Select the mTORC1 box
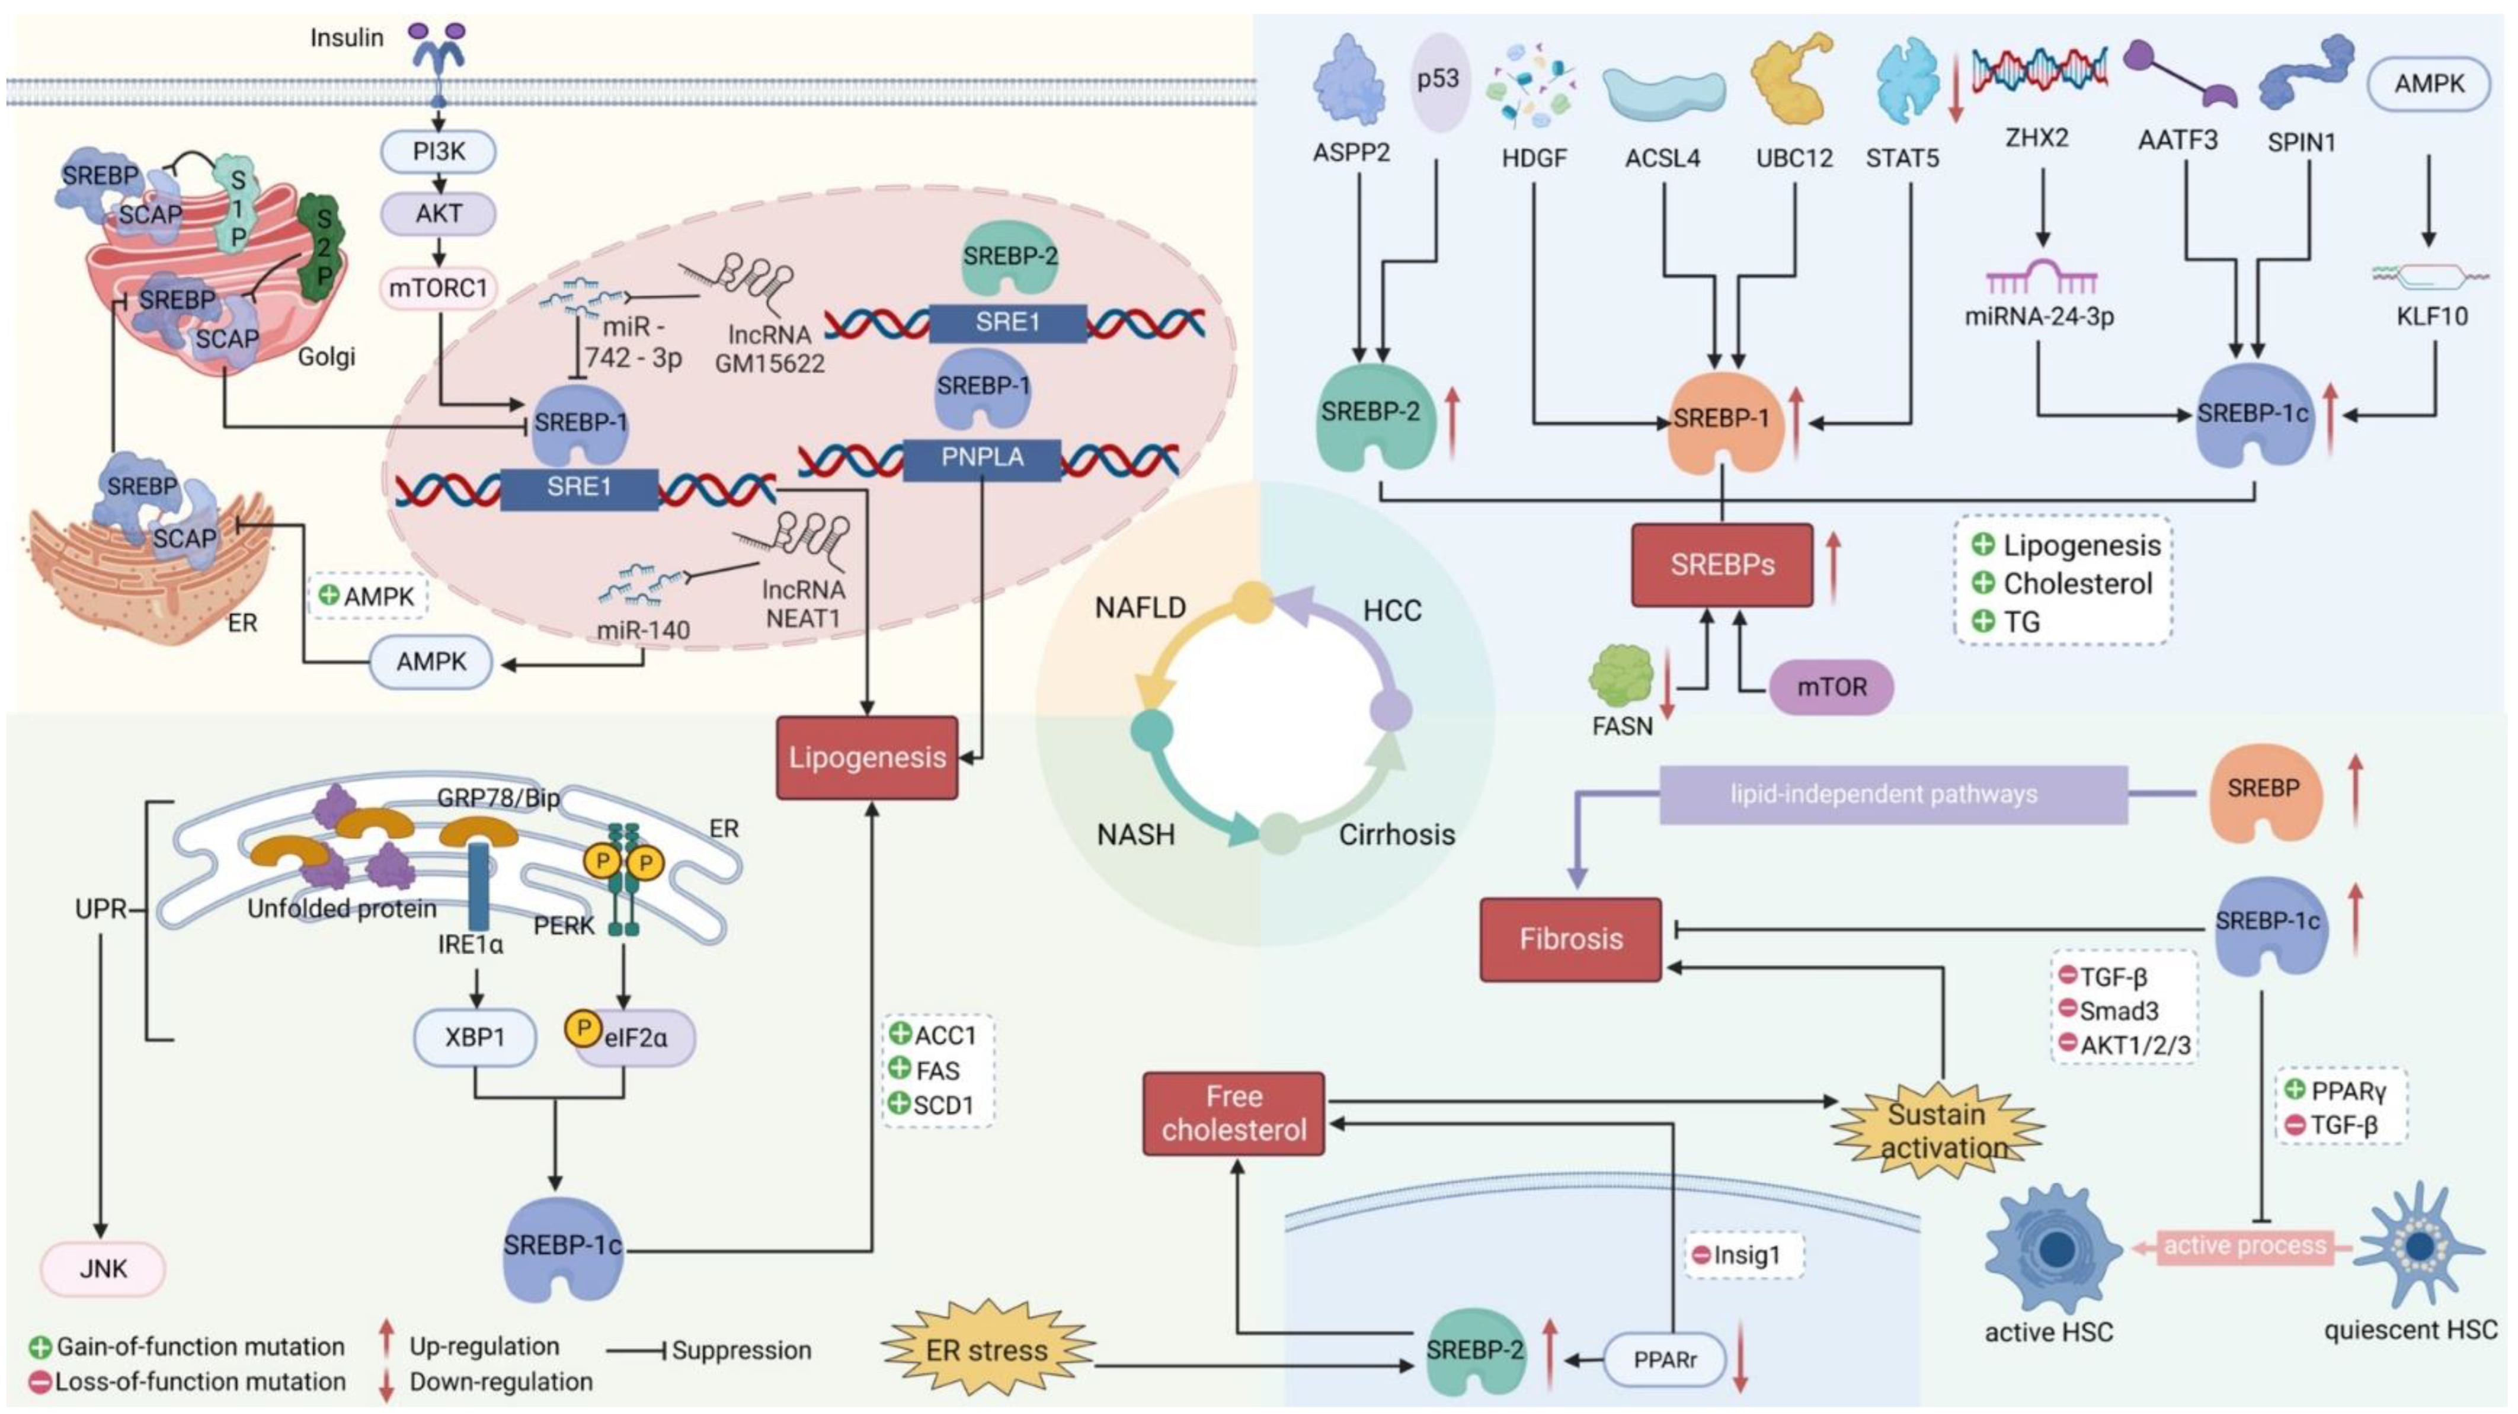click(x=438, y=288)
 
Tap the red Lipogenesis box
click(x=867, y=757)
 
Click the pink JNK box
click(x=103, y=1268)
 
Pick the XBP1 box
click(x=475, y=1037)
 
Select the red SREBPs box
click(x=1722, y=565)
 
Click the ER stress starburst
click(x=987, y=1351)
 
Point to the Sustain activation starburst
click(x=1937, y=1131)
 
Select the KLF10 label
click(x=2432, y=316)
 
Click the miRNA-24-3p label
click(x=2039, y=316)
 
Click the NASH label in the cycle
click(x=1136, y=834)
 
